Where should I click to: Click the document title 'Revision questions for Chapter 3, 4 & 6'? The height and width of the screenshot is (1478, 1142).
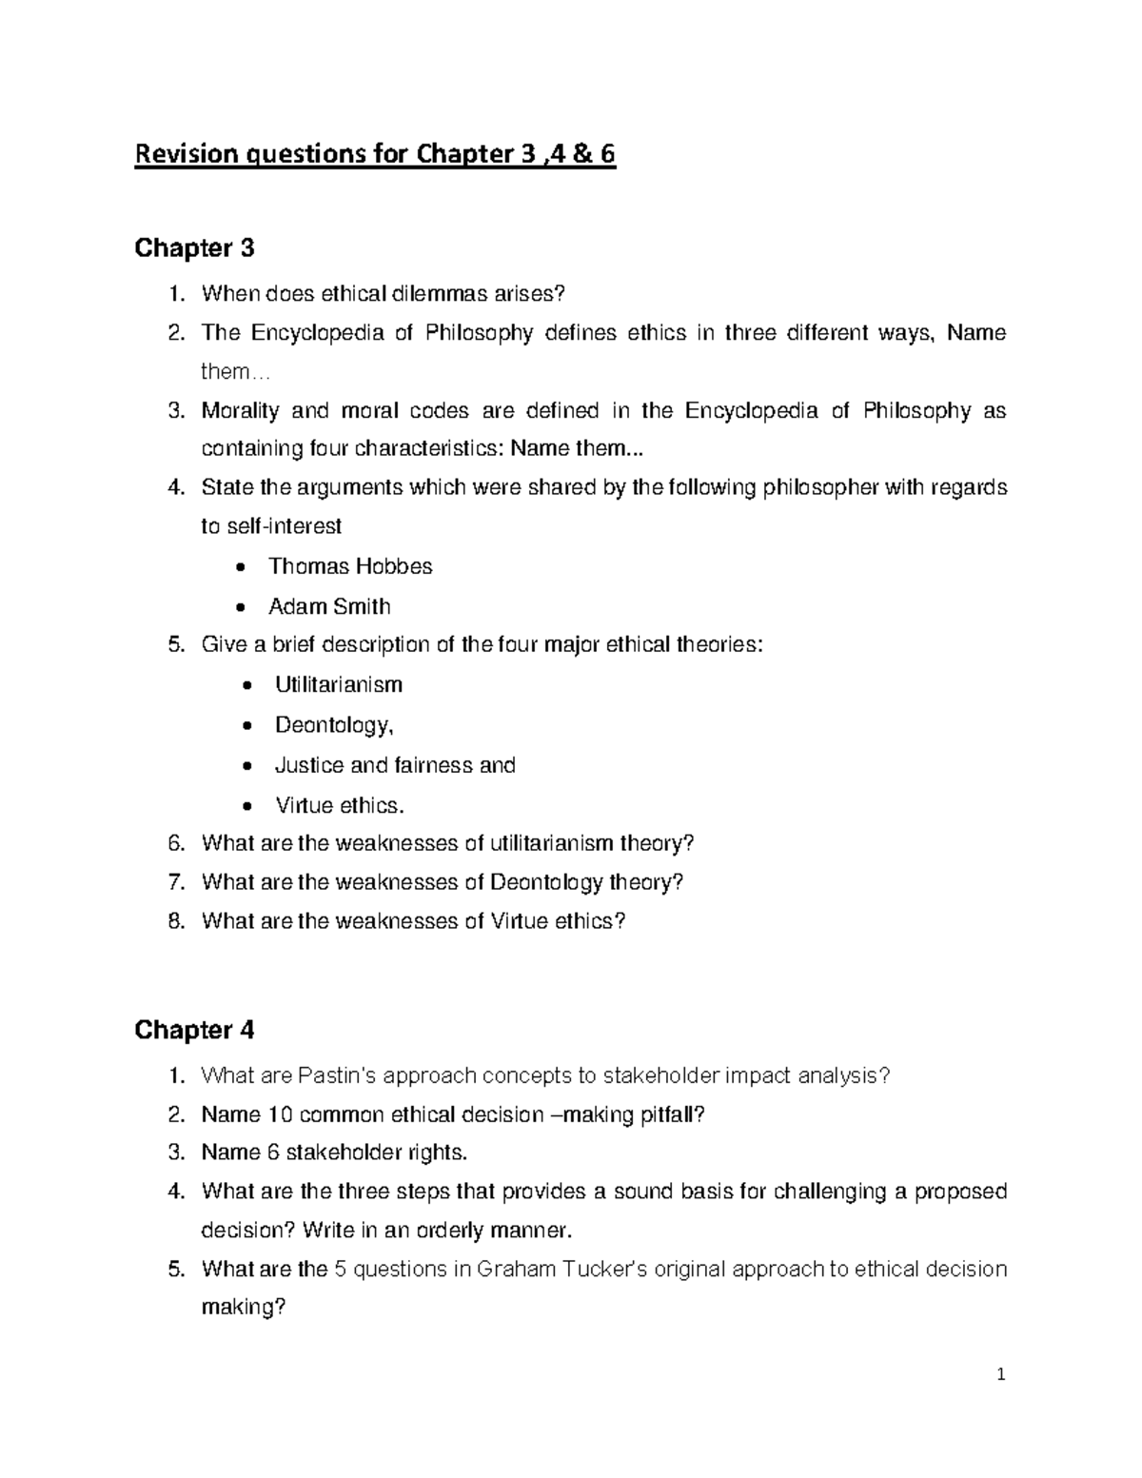point(375,154)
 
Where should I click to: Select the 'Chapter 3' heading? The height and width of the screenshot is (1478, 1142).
point(194,248)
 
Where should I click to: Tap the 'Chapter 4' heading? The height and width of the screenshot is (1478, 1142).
point(194,1031)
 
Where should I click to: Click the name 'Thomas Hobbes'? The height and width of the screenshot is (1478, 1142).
point(350,566)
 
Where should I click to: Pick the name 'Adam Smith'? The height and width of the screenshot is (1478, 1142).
point(329,606)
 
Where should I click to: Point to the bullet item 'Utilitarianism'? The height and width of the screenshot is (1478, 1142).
point(339,684)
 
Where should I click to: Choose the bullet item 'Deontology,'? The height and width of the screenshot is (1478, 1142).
point(334,725)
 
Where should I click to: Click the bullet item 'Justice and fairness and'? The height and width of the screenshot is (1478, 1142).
point(395,765)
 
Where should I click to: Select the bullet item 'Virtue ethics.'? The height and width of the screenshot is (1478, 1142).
point(340,805)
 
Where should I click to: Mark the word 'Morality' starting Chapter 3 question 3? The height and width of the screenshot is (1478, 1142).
point(240,411)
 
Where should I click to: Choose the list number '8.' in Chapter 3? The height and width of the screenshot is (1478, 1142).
point(174,921)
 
